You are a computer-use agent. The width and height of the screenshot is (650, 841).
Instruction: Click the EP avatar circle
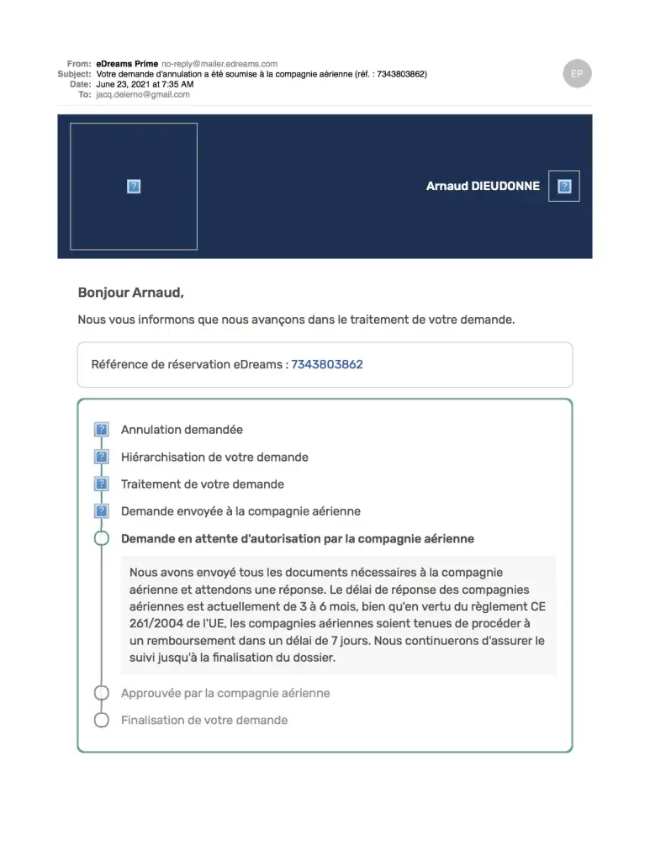tap(577, 74)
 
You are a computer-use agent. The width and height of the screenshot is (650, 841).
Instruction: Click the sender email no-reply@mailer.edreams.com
tap(219, 64)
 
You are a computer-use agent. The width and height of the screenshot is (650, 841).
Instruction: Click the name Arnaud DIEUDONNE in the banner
tap(483, 186)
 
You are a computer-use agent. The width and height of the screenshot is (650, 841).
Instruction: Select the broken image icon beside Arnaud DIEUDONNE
tap(564, 186)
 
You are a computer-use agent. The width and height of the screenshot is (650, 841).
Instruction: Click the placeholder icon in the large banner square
tap(134, 187)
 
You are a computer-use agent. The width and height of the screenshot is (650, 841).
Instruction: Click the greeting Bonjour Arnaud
tap(130, 293)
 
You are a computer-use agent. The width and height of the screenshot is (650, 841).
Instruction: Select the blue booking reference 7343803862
tap(327, 364)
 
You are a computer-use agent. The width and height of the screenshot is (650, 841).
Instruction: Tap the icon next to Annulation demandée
tap(102, 430)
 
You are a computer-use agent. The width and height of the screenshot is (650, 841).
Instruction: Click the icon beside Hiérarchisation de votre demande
tap(102, 457)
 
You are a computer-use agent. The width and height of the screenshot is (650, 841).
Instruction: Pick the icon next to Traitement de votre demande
tap(102, 484)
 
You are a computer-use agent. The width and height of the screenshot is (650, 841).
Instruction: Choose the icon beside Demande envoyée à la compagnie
tap(102, 510)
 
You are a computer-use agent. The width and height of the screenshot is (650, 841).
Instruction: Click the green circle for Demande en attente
tap(102, 538)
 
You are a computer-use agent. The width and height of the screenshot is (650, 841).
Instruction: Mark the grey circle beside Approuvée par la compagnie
tap(102, 693)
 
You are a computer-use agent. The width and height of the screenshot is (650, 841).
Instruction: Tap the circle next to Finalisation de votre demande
tap(102, 720)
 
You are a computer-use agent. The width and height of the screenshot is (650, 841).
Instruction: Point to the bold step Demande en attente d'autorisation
tap(298, 538)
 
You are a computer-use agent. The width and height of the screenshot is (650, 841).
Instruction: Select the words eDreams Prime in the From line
tap(127, 64)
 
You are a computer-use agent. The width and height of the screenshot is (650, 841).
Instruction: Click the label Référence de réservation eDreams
tap(189, 364)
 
